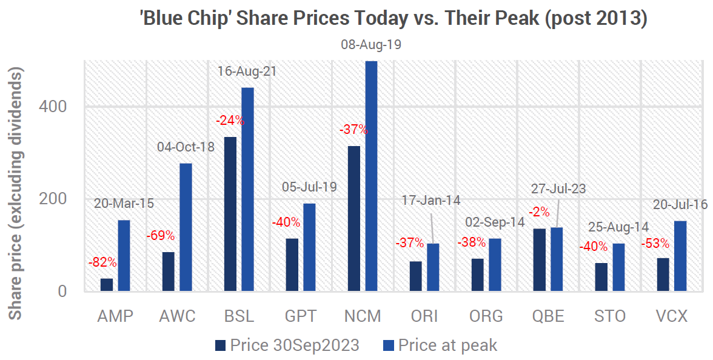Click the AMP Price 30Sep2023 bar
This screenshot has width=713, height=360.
coord(107,285)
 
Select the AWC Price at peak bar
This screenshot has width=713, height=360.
coord(186,227)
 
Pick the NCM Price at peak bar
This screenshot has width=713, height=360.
coord(371,176)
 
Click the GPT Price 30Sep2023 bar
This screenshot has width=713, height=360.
coord(292,265)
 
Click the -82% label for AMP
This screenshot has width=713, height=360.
coord(102,262)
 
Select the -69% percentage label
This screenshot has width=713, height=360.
coord(160,235)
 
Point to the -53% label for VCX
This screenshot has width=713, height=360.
coord(655,244)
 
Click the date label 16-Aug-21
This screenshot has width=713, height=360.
coord(247,72)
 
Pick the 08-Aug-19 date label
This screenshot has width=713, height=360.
coord(371,44)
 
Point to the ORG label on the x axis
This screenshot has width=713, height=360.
coord(486,316)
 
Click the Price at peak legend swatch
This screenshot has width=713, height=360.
coord(389,345)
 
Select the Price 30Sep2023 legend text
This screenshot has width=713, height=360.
coord(295,345)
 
